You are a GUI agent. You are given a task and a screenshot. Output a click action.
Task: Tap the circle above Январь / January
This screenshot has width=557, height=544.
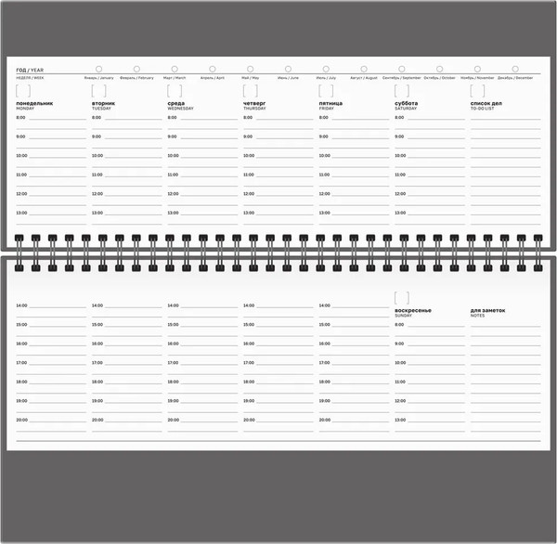point(98,69)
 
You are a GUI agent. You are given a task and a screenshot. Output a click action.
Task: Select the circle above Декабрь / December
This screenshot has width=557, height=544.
point(515,69)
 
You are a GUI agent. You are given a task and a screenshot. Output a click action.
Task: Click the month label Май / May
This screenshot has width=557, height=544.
point(252,78)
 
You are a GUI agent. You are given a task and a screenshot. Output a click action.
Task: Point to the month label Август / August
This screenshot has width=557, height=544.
point(365,78)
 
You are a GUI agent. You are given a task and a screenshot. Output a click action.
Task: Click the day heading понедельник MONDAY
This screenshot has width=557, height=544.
point(35,106)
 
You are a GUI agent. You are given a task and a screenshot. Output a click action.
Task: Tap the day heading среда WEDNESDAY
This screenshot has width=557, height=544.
point(181,106)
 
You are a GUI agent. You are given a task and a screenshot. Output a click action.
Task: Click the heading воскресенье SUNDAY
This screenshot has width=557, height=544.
point(413,311)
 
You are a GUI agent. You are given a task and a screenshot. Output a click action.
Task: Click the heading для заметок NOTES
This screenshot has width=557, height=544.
point(487,311)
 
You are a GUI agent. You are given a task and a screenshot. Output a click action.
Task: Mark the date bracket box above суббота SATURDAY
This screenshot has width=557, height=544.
point(401,91)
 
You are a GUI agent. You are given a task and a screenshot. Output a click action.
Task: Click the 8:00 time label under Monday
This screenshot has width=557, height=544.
point(20,118)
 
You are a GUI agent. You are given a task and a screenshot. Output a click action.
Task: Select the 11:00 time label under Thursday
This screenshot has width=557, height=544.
point(249,175)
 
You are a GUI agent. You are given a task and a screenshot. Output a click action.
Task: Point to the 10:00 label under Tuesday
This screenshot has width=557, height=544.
point(97,156)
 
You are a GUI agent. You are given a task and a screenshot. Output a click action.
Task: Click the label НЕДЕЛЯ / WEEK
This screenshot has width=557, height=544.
point(31,78)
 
